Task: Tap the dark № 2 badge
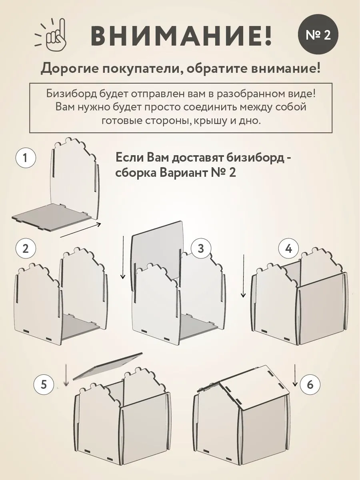tap(318, 35)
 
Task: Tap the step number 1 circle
tap(26, 158)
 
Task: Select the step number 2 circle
tap(26, 248)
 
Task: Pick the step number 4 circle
tap(288, 248)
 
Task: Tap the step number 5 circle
tap(43, 385)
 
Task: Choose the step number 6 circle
tap(310, 385)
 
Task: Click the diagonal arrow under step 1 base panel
tap(80, 230)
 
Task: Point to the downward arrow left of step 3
tap(124, 258)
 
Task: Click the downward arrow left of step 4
tap(243, 276)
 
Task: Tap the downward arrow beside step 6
tap(295, 375)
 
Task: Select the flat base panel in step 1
tap(52, 216)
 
